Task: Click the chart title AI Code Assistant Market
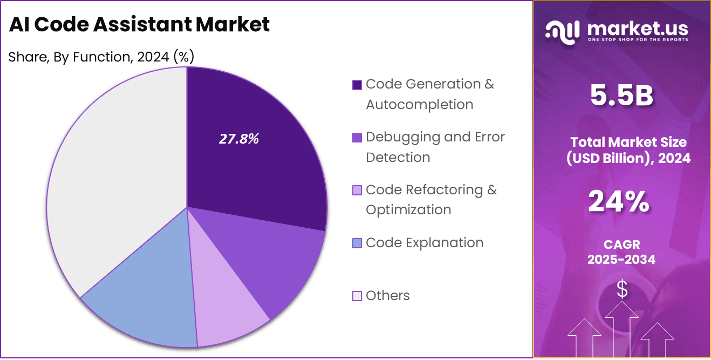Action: pos(139,24)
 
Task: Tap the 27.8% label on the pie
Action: pos(239,139)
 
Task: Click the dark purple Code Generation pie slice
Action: pos(254,162)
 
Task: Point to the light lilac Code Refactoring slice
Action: pos(227,308)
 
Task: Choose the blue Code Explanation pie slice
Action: pos(146,302)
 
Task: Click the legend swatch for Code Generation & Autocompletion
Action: pos(357,85)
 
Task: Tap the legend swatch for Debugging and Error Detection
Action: pos(357,138)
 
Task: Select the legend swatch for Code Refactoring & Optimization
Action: pos(357,191)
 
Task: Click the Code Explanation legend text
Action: pos(425,243)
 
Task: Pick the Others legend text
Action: pos(387,296)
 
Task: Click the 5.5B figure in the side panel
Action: pos(621,96)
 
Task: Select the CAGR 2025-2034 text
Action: pos(621,252)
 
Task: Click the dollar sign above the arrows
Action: pos(622,290)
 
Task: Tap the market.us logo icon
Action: pos(562,31)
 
